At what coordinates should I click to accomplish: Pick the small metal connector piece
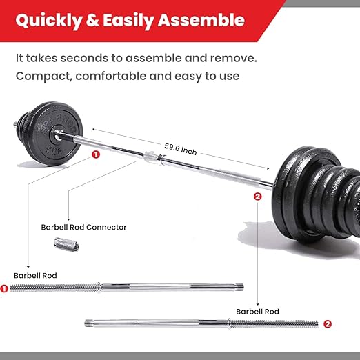67,243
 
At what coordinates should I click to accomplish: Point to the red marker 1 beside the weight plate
95,154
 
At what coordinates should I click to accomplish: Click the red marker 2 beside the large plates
257,197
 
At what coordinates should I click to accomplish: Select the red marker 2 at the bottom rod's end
327,323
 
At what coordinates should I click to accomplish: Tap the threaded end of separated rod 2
275,323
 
